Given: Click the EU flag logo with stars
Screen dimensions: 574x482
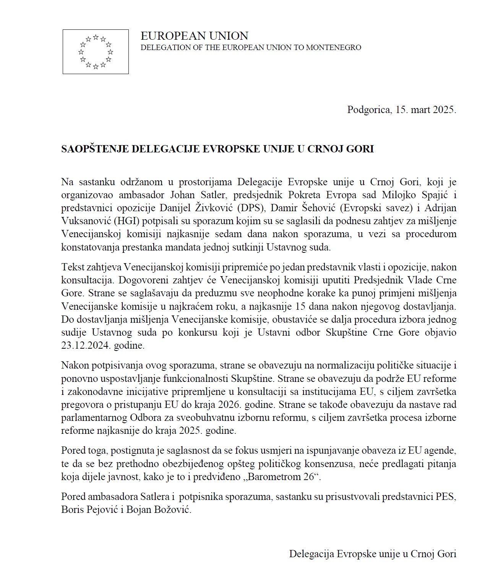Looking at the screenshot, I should coord(96,52).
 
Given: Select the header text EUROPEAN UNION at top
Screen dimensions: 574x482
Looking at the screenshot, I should coord(194,36).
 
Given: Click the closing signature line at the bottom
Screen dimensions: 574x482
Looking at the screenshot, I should coord(373,554).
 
